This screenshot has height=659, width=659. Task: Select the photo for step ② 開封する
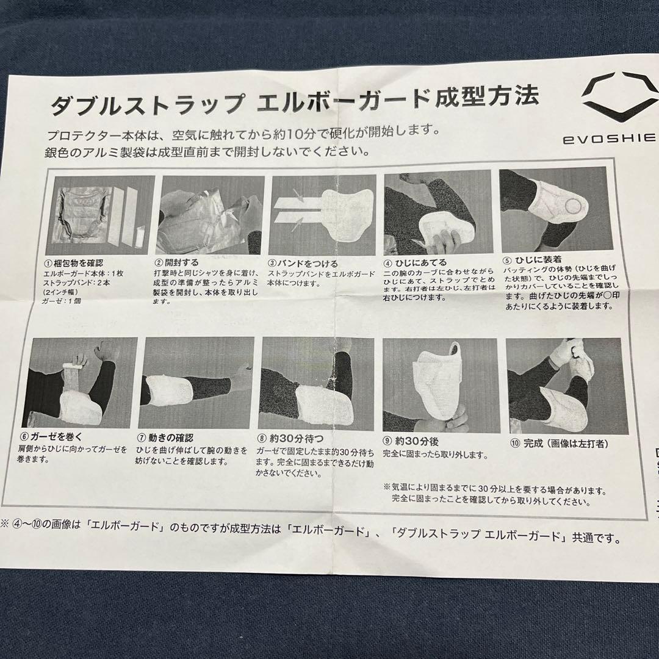(x=210, y=215)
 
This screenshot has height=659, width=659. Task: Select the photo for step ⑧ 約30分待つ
(x=317, y=383)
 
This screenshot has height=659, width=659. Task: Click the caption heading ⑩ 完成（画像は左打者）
(x=561, y=444)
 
